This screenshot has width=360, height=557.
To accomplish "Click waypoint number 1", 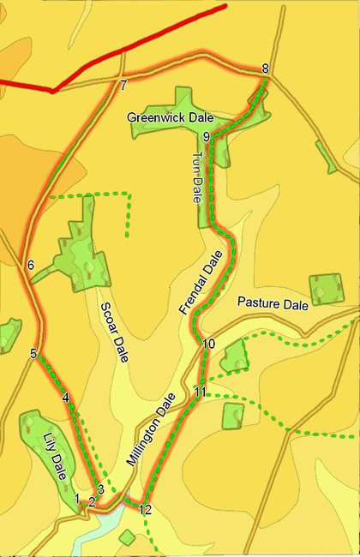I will (x=77, y=498).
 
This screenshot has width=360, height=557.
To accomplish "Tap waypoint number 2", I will (x=92, y=501).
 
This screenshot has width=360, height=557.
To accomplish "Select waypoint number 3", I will (x=100, y=489).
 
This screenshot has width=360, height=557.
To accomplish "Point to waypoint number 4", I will (x=65, y=397).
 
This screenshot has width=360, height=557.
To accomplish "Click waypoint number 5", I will (x=33, y=353).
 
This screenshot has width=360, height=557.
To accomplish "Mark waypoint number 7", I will (x=123, y=85).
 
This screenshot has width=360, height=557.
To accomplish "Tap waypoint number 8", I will (x=265, y=69).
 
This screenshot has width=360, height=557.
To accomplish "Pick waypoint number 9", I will (x=207, y=135).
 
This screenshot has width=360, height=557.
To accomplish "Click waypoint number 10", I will (x=208, y=344).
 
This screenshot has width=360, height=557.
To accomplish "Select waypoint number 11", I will (x=200, y=392).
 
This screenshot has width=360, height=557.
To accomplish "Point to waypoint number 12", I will (x=145, y=510).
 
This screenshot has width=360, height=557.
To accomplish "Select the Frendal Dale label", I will (x=200, y=284).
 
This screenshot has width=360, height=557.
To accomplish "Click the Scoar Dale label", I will (x=114, y=332).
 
